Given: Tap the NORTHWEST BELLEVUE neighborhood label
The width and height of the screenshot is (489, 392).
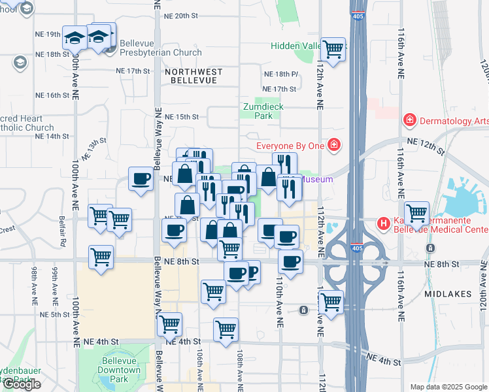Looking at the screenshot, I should (x=193, y=75).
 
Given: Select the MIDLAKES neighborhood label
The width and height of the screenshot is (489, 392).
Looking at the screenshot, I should (x=448, y=294).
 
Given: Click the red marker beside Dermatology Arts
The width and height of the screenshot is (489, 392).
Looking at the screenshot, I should (x=410, y=120).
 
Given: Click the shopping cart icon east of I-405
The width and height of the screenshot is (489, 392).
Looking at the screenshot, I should (x=416, y=212).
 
